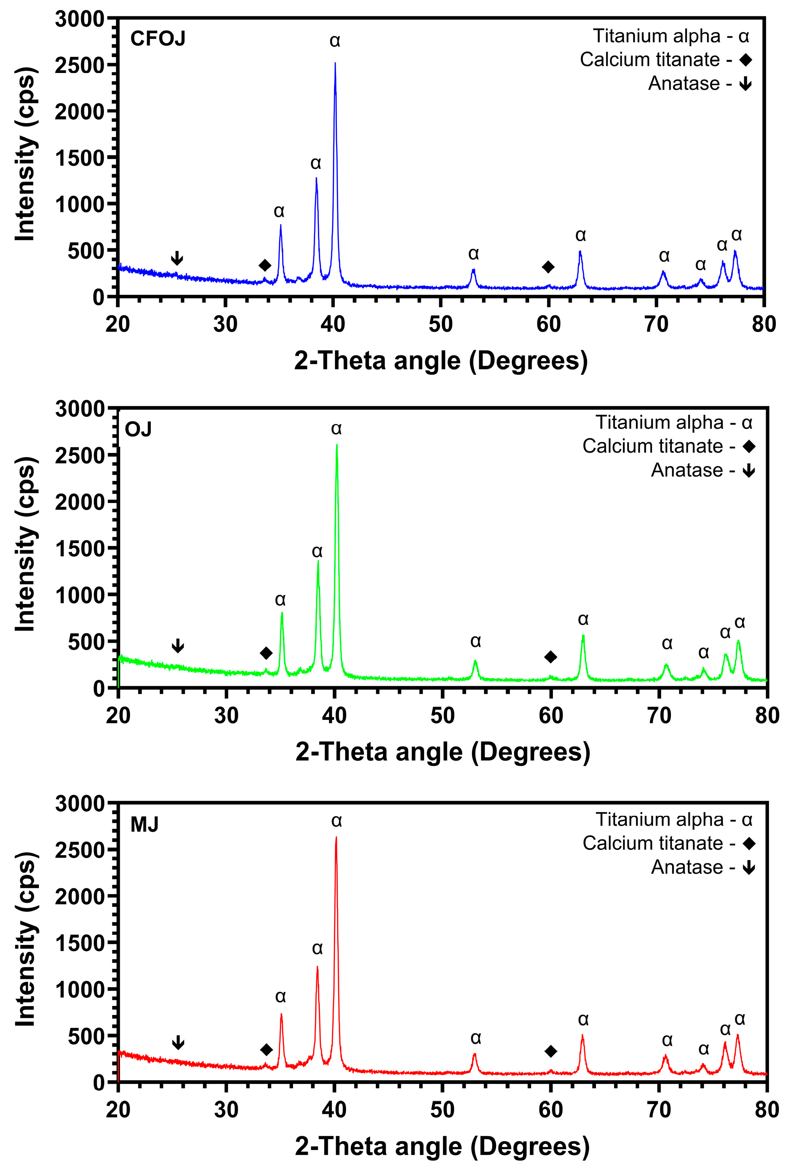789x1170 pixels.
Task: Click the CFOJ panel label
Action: click(157, 39)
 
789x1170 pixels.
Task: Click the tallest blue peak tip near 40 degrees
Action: click(335, 64)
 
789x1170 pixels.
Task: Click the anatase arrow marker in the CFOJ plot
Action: click(177, 258)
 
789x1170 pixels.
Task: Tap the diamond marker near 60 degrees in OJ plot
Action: click(550, 657)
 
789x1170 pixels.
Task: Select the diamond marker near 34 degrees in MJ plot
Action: click(266, 1049)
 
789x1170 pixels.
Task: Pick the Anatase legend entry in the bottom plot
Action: click(703, 867)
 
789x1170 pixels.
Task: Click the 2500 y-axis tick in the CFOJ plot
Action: click(79, 65)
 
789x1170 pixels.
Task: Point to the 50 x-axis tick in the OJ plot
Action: click(442, 716)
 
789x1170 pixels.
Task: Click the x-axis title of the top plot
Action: click(441, 361)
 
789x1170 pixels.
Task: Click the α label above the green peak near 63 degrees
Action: click(583, 619)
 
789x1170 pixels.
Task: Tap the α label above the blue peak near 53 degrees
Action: click(473, 254)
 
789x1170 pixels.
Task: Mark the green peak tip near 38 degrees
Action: click(318, 562)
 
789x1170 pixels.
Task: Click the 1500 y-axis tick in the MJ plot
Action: click(79, 942)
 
